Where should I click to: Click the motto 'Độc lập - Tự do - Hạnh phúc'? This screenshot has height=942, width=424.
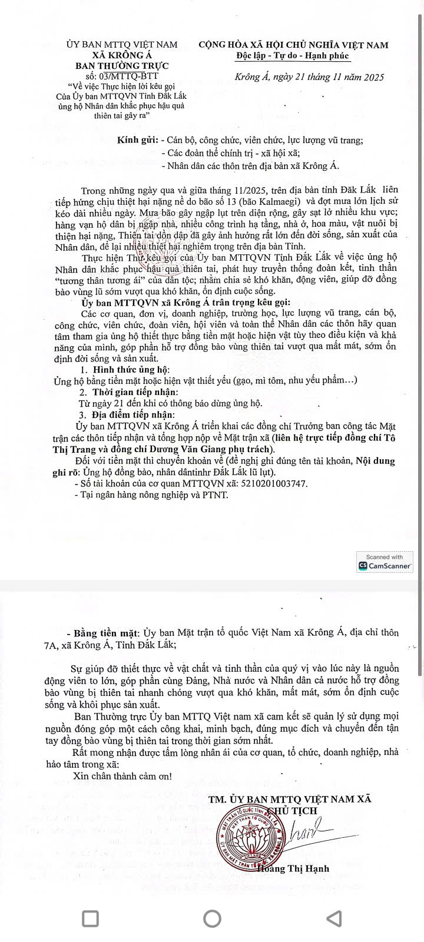click(x=293, y=56)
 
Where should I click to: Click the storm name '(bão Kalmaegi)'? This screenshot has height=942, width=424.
click(x=256, y=201)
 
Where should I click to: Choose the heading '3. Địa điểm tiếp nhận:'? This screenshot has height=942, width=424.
click(x=129, y=414)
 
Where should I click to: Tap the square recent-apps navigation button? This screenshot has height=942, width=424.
click(x=90, y=918)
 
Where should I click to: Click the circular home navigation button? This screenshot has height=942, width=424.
click(x=212, y=918)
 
